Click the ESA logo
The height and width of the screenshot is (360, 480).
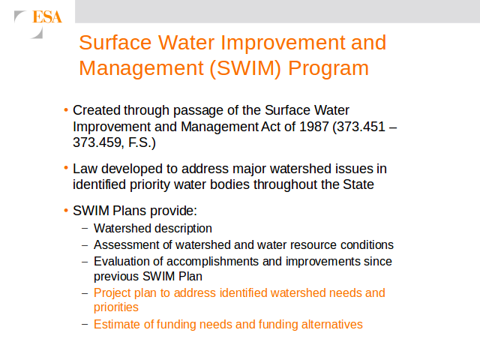[x=38, y=24]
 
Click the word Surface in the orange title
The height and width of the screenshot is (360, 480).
[x=115, y=43]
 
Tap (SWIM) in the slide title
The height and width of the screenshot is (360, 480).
[x=245, y=68]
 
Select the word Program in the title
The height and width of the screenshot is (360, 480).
[x=328, y=68]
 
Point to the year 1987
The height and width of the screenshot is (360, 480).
[x=314, y=127]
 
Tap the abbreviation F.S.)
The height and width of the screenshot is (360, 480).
[x=142, y=142]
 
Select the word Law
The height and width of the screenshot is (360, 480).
[x=85, y=169]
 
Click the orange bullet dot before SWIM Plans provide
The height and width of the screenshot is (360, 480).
[x=66, y=210]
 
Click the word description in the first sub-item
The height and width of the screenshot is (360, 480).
[x=187, y=229]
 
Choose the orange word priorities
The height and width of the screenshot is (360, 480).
[x=116, y=307]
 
